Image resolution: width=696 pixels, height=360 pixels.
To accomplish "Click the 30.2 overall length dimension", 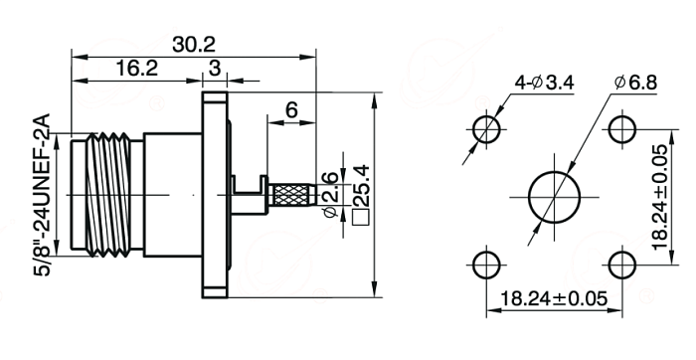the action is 194,45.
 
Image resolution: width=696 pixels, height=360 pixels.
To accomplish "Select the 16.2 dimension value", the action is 137,69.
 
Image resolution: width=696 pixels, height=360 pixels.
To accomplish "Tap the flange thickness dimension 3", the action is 215,69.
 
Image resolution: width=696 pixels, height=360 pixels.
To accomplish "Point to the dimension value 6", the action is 291,109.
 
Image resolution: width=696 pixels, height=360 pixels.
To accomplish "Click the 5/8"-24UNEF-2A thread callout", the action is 43,195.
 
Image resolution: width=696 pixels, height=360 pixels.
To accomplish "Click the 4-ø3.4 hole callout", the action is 544,83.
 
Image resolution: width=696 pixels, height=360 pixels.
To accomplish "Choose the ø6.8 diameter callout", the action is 635,83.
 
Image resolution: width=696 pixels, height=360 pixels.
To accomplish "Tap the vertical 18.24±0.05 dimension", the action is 659,197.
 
